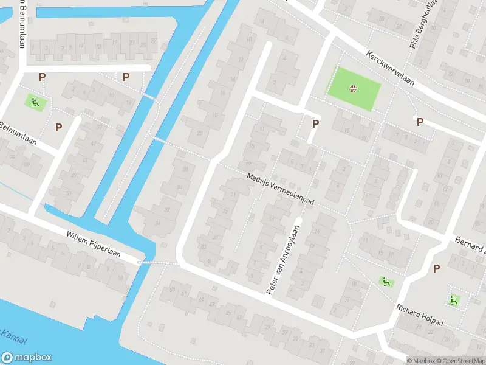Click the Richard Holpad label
coord(420,314)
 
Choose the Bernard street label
coord(470,243)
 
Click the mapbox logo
coord(26,358)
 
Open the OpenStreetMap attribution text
coord(460,361)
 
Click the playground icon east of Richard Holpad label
coord(454,299)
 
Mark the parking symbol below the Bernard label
coord(436,268)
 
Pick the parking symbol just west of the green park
coord(315,123)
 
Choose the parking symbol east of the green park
coord(419,122)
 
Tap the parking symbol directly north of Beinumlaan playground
coord(42,77)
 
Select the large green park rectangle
coord(354,89)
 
